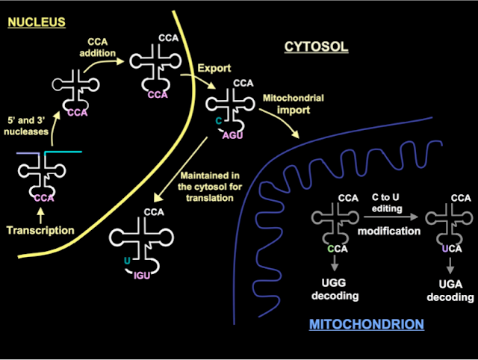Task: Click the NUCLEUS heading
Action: point(37,22)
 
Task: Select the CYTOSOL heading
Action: point(316,47)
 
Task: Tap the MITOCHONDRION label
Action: point(367,324)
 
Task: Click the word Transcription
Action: point(40,230)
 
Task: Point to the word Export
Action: point(214,68)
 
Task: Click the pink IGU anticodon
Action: point(142,276)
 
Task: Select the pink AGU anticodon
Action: point(232,135)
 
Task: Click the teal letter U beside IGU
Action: point(127,261)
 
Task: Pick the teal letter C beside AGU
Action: point(219,121)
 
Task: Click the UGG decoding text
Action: point(335,289)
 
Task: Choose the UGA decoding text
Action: point(450,291)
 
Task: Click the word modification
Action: point(389,231)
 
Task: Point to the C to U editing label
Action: point(387,202)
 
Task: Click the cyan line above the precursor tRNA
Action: point(63,152)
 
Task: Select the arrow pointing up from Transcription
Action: point(40,216)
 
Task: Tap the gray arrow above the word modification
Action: point(391,217)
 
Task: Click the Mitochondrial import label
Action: point(294,104)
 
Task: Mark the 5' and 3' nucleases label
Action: point(26,126)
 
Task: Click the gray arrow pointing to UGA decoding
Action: point(450,265)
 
